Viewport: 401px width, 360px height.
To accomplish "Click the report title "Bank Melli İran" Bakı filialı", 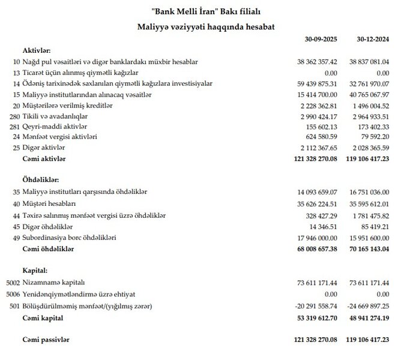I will pyautogui.click(x=200, y=11).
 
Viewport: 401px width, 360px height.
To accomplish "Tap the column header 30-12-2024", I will pyautogui.click(x=373, y=40).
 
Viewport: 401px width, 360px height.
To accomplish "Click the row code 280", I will pyautogui.click(x=13, y=116).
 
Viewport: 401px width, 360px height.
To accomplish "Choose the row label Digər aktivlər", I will pyautogui.click(x=43, y=148).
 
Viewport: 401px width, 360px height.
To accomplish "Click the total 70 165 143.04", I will pyautogui.click(x=370, y=249).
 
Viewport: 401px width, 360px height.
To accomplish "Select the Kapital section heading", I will pyautogui.click(x=34, y=271).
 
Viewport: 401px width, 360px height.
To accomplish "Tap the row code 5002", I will pyautogui.click(x=11, y=281).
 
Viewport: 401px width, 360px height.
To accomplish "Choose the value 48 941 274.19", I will pyautogui.click(x=370, y=317).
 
